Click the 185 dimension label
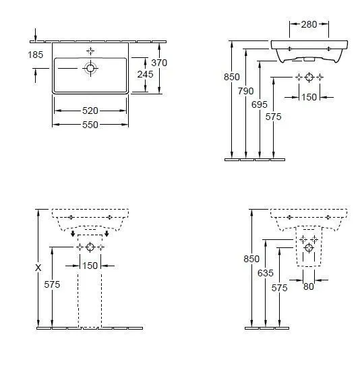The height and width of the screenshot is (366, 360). [x=36, y=55]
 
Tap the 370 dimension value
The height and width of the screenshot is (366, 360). [x=159, y=63]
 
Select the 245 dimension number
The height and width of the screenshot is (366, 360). [x=145, y=74]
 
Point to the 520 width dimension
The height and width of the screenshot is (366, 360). [x=90, y=111]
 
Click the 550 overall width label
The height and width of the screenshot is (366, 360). [x=90, y=125]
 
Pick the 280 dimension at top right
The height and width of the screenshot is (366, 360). [x=309, y=24]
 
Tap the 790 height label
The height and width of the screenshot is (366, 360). [x=246, y=91]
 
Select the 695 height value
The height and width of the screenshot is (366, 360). [x=260, y=104]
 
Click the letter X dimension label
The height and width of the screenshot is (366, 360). [x=38, y=268]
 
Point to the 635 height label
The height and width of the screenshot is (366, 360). [x=266, y=273]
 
